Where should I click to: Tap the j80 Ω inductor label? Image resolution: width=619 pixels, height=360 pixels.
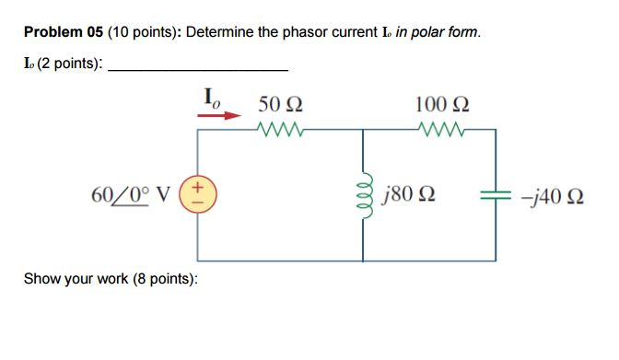[x=407, y=195]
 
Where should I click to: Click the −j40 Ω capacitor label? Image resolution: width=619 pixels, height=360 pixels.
[x=553, y=195]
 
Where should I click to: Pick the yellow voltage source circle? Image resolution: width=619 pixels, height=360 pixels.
[x=201, y=195]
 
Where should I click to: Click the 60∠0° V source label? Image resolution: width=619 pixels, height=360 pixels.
[x=136, y=195]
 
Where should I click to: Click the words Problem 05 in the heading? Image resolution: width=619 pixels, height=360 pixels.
[x=64, y=32]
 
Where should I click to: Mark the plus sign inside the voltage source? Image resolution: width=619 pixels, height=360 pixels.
[x=201, y=188]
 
